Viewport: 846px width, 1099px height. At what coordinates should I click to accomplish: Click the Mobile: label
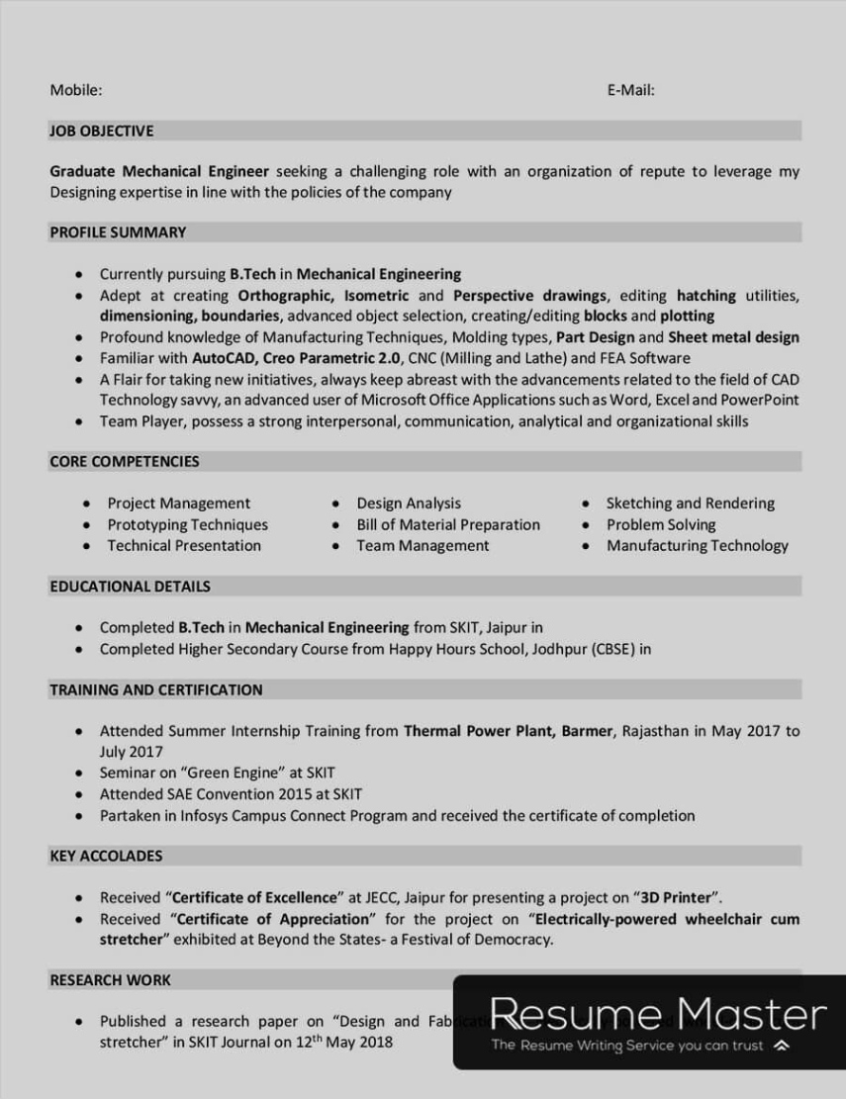click(76, 90)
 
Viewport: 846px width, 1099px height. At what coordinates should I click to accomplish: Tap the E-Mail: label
click(630, 90)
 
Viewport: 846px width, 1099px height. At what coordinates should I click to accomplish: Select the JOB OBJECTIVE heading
click(102, 131)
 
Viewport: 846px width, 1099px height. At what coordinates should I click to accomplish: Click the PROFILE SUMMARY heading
click(118, 232)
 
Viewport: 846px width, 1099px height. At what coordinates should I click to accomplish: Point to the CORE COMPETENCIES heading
click(125, 461)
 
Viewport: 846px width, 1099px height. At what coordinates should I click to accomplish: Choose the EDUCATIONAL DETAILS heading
click(130, 587)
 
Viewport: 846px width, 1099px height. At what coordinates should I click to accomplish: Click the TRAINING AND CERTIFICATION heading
click(156, 689)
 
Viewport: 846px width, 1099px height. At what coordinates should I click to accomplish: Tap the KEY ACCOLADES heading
click(106, 856)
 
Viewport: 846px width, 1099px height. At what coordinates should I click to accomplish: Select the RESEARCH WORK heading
click(110, 980)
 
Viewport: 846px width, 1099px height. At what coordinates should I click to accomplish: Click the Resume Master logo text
click(658, 1015)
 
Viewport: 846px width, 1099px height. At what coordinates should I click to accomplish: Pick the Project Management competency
click(178, 504)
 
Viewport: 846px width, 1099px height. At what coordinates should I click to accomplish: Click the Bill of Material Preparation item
click(448, 524)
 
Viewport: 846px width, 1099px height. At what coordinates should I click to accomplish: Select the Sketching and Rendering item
click(691, 504)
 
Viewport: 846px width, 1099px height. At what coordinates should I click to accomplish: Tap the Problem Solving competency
click(661, 524)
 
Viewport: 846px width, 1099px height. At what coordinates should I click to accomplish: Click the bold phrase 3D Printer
click(677, 898)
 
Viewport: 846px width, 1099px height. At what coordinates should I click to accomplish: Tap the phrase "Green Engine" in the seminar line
click(232, 774)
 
